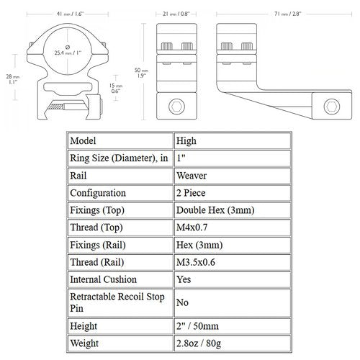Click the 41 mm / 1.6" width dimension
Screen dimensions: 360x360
point(70,14)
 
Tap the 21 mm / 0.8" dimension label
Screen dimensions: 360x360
point(176,14)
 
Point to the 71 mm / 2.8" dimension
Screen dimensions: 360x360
point(287,14)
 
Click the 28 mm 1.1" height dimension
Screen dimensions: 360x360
point(13,79)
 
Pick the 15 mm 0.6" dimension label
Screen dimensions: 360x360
point(116,88)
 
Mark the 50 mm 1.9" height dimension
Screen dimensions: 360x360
point(141,73)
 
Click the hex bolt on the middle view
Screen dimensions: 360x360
point(176,107)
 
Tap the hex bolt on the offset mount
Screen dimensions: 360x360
point(332,107)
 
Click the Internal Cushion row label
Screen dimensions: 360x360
point(103,279)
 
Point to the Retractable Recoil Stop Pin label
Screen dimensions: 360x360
point(117,302)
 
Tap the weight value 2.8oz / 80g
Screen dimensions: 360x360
point(199,343)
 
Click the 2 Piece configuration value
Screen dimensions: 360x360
point(191,193)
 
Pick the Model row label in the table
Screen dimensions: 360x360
point(83,140)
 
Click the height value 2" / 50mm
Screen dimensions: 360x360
point(197,326)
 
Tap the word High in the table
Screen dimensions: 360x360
point(186,141)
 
